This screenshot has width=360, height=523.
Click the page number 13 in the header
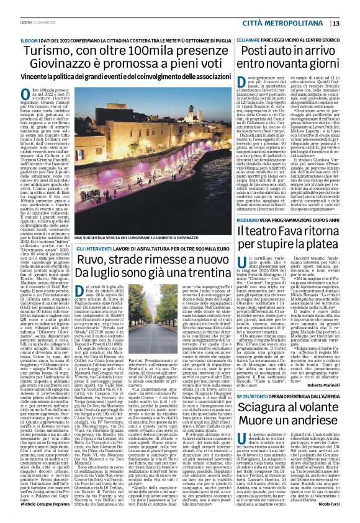tap(352, 23)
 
